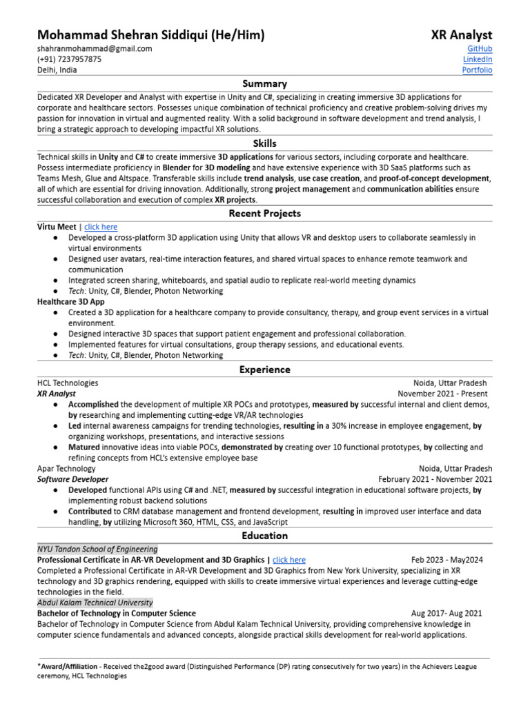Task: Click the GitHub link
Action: coord(480,49)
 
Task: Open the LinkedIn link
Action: coord(478,59)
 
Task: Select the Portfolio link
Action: coord(477,70)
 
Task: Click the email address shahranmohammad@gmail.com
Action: coord(95,49)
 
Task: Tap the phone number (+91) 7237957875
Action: coord(69,59)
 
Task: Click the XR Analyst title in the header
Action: coord(462,35)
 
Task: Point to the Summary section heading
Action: coord(265,84)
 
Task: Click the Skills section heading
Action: coord(265,144)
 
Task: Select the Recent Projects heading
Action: coord(265,214)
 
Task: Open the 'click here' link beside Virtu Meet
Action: coord(101,227)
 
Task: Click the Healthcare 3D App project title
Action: coord(71,302)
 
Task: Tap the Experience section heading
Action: coord(265,370)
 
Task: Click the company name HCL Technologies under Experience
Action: coord(68,383)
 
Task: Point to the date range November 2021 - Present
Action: coord(442,394)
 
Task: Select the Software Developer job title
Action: coord(72,479)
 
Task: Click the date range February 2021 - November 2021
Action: coord(435,479)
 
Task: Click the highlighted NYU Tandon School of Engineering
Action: coord(97,549)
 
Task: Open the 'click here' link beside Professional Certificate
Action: coord(289,561)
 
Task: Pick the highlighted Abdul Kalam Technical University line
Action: coord(95,603)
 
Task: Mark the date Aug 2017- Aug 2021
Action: coord(446,613)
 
